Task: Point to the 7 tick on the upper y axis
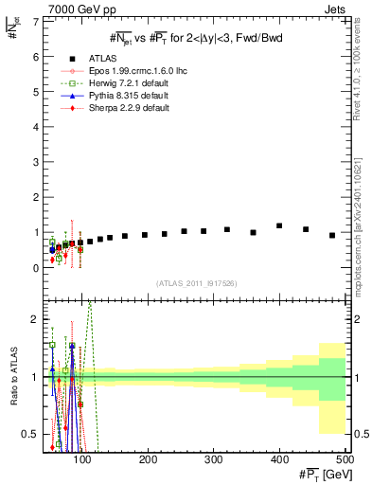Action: (x=37, y=21)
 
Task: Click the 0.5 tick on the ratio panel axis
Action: (x=32, y=435)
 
